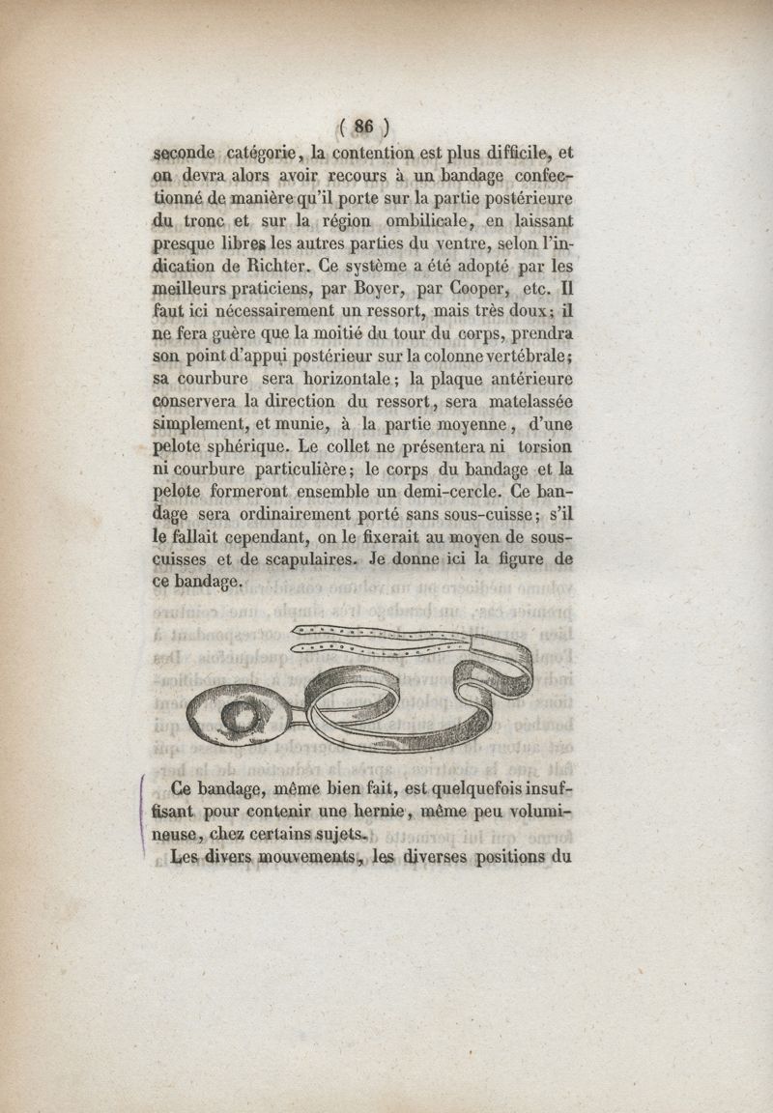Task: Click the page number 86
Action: coord(364,124)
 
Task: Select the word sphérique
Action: coord(245,447)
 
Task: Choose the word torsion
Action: coord(544,447)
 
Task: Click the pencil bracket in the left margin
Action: coord(144,812)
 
